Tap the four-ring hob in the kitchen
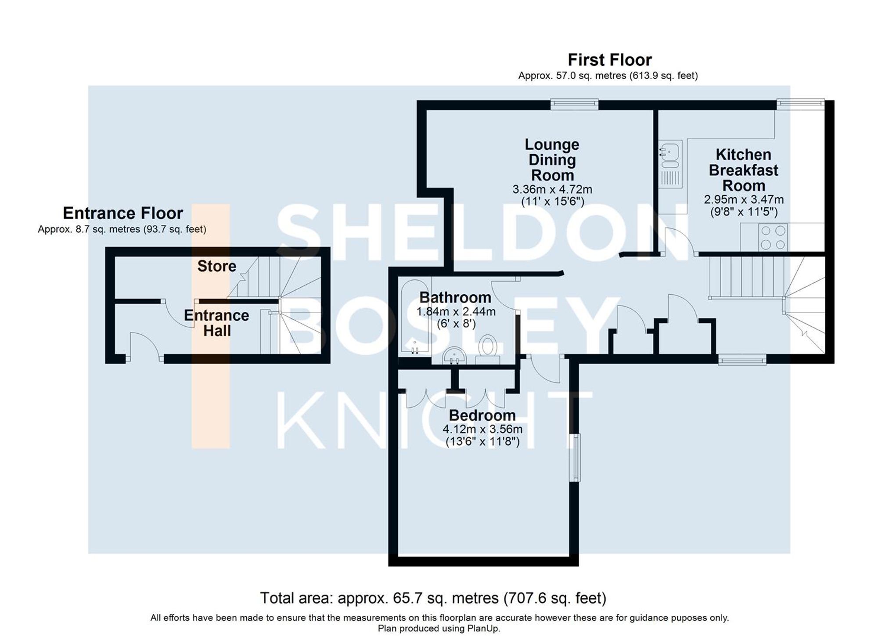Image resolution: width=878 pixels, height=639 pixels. [x=773, y=237]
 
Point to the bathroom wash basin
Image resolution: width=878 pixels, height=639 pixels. [x=454, y=355]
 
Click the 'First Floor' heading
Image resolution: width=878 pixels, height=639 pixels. [x=609, y=60]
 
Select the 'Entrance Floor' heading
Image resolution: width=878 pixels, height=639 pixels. [x=123, y=213]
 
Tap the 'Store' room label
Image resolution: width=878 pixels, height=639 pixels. [x=216, y=266]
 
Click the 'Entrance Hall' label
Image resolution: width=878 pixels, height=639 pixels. [x=216, y=323]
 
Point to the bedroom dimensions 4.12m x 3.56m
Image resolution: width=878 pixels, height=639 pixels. [x=482, y=429]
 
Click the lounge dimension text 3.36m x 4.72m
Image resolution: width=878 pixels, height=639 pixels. [x=552, y=190]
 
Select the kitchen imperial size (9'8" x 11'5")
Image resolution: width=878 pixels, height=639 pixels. [x=744, y=212]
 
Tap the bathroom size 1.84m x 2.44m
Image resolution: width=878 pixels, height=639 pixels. [x=456, y=312]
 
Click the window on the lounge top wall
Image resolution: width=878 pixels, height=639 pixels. [x=574, y=104]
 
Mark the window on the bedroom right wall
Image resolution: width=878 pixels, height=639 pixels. [x=575, y=458]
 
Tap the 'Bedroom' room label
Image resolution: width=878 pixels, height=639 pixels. [x=482, y=415]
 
